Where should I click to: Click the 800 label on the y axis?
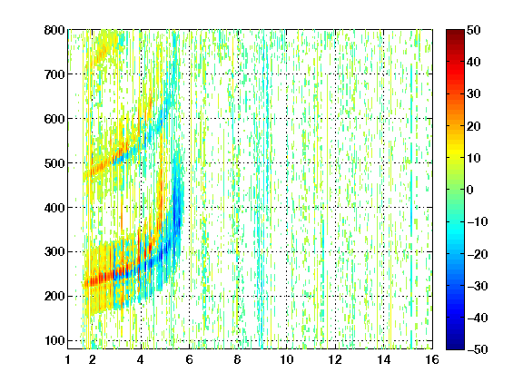click(x=54, y=30)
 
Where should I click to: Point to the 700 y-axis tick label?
click(x=54, y=74)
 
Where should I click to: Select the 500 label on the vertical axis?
click(x=54, y=163)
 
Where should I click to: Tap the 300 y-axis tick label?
click(x=54, y=252)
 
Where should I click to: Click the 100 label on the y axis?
click(x=54, y=340)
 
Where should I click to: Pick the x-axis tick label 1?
click(x=68, y=359)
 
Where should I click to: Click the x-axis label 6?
click(x=189, y=359)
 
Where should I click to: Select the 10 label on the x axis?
click(x=286, y=359)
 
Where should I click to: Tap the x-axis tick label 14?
click(x=383, y=359)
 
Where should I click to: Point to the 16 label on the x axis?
click(x=432, y=359)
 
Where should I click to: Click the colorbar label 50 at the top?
click(x=473, y=30)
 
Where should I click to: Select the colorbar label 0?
click(x=470, y=190)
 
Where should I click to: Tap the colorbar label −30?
click(x=478, y=286)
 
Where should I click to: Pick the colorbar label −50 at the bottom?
click(x=478, y=349)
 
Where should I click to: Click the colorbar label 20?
click(x=473, y=126)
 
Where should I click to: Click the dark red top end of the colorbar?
click(x=455, y=32)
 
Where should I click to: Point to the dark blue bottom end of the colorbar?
click(x=455, y=348)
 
